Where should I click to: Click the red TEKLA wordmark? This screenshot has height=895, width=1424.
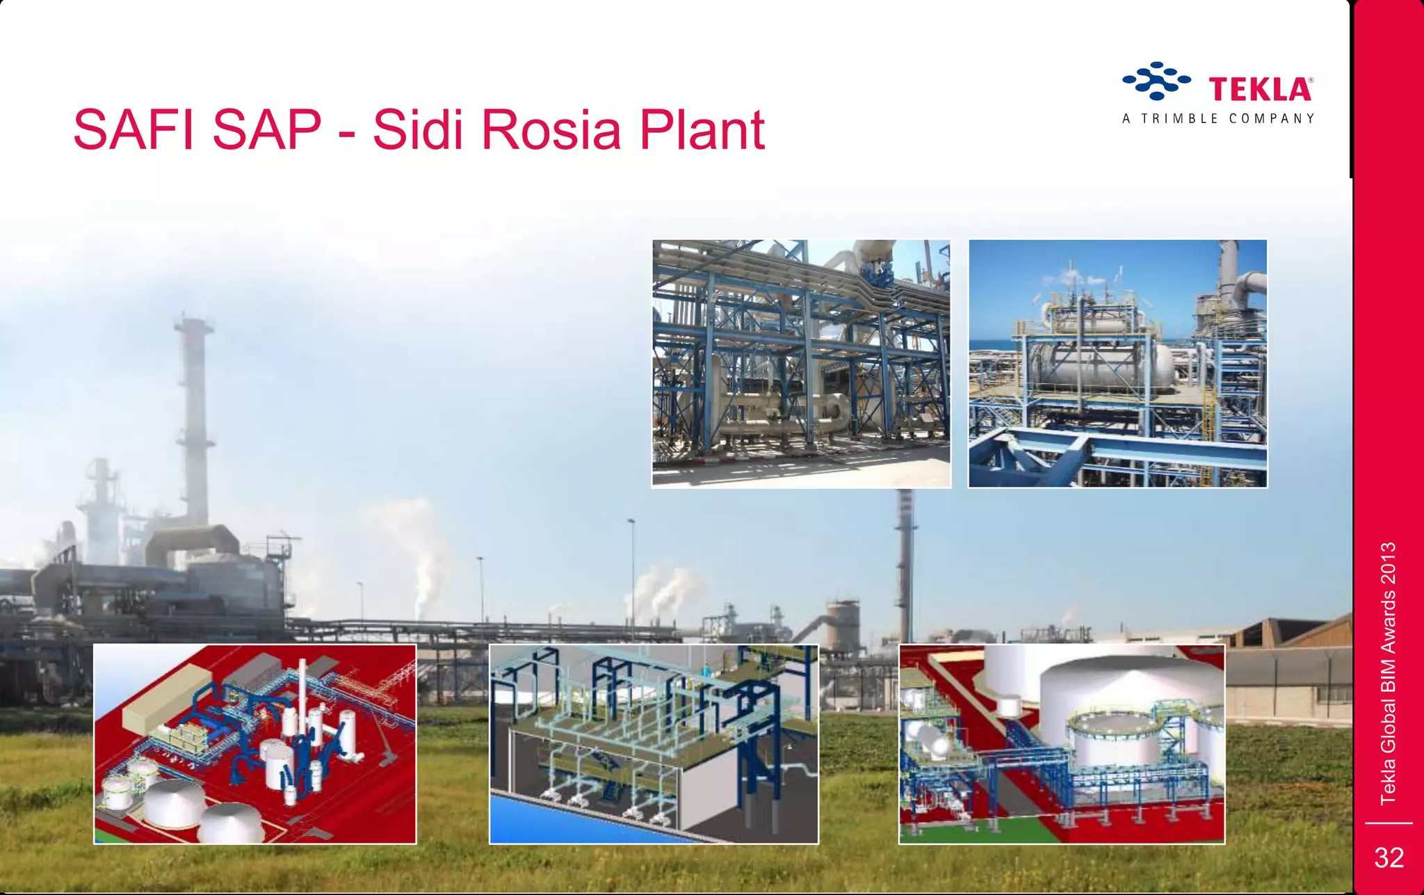point(1260,90)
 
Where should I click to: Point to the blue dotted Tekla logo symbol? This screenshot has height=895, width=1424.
point(1156,81)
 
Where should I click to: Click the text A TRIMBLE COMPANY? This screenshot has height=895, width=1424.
point(1218,119)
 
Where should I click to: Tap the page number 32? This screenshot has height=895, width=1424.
point(1389,858)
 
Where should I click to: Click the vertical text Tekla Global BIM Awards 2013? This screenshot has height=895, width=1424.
point(1388,673)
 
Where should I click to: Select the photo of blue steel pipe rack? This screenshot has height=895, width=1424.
point(801,364)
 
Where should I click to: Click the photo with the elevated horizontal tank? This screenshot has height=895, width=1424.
point(1117,364)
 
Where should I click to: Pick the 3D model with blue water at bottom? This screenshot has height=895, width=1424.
point(654,744)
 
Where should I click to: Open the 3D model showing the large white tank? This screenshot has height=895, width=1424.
point(1061,744)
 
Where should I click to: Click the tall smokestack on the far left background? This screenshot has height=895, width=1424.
point(194,417)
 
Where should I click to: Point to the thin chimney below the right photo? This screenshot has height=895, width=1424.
point(905,556)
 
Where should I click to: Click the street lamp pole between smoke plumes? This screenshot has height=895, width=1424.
point(632,577)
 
